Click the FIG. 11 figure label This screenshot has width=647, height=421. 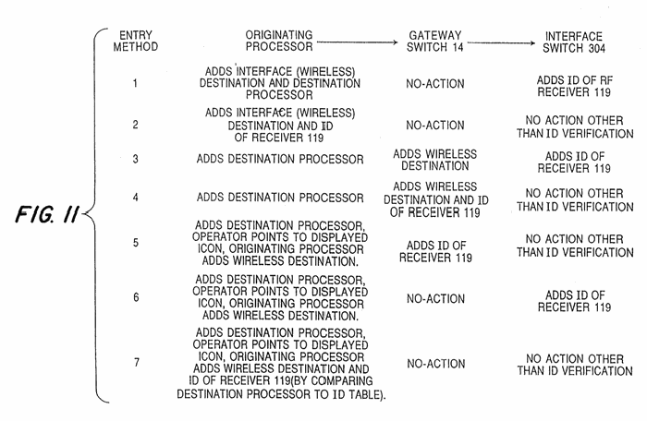point(46,214)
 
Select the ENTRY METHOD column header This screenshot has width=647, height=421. point(136,41)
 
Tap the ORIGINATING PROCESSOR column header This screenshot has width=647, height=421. point(279,41)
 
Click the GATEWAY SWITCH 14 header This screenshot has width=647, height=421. point(435,42)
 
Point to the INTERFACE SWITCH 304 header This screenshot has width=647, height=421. point(574,42)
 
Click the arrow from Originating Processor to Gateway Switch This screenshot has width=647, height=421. point(357,42)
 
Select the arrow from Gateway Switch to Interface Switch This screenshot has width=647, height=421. point(502,42)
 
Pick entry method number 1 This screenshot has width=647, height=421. point(135,83)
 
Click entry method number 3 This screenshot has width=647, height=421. point(135,159)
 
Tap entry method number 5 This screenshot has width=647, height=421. point(136,243)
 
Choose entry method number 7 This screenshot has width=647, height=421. point(137,363)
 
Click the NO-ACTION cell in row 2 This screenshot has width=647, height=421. point(435,125)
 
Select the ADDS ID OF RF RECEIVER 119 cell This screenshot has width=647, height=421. point(574,86)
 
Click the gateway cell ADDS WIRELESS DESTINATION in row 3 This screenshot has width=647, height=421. point(435,160)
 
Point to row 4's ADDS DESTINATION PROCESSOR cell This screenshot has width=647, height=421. point(280,198)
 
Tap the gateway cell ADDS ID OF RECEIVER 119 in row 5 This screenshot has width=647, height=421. point(435,251)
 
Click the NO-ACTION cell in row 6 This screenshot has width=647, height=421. point(435,298)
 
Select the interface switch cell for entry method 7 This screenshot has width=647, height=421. point(575,365)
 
